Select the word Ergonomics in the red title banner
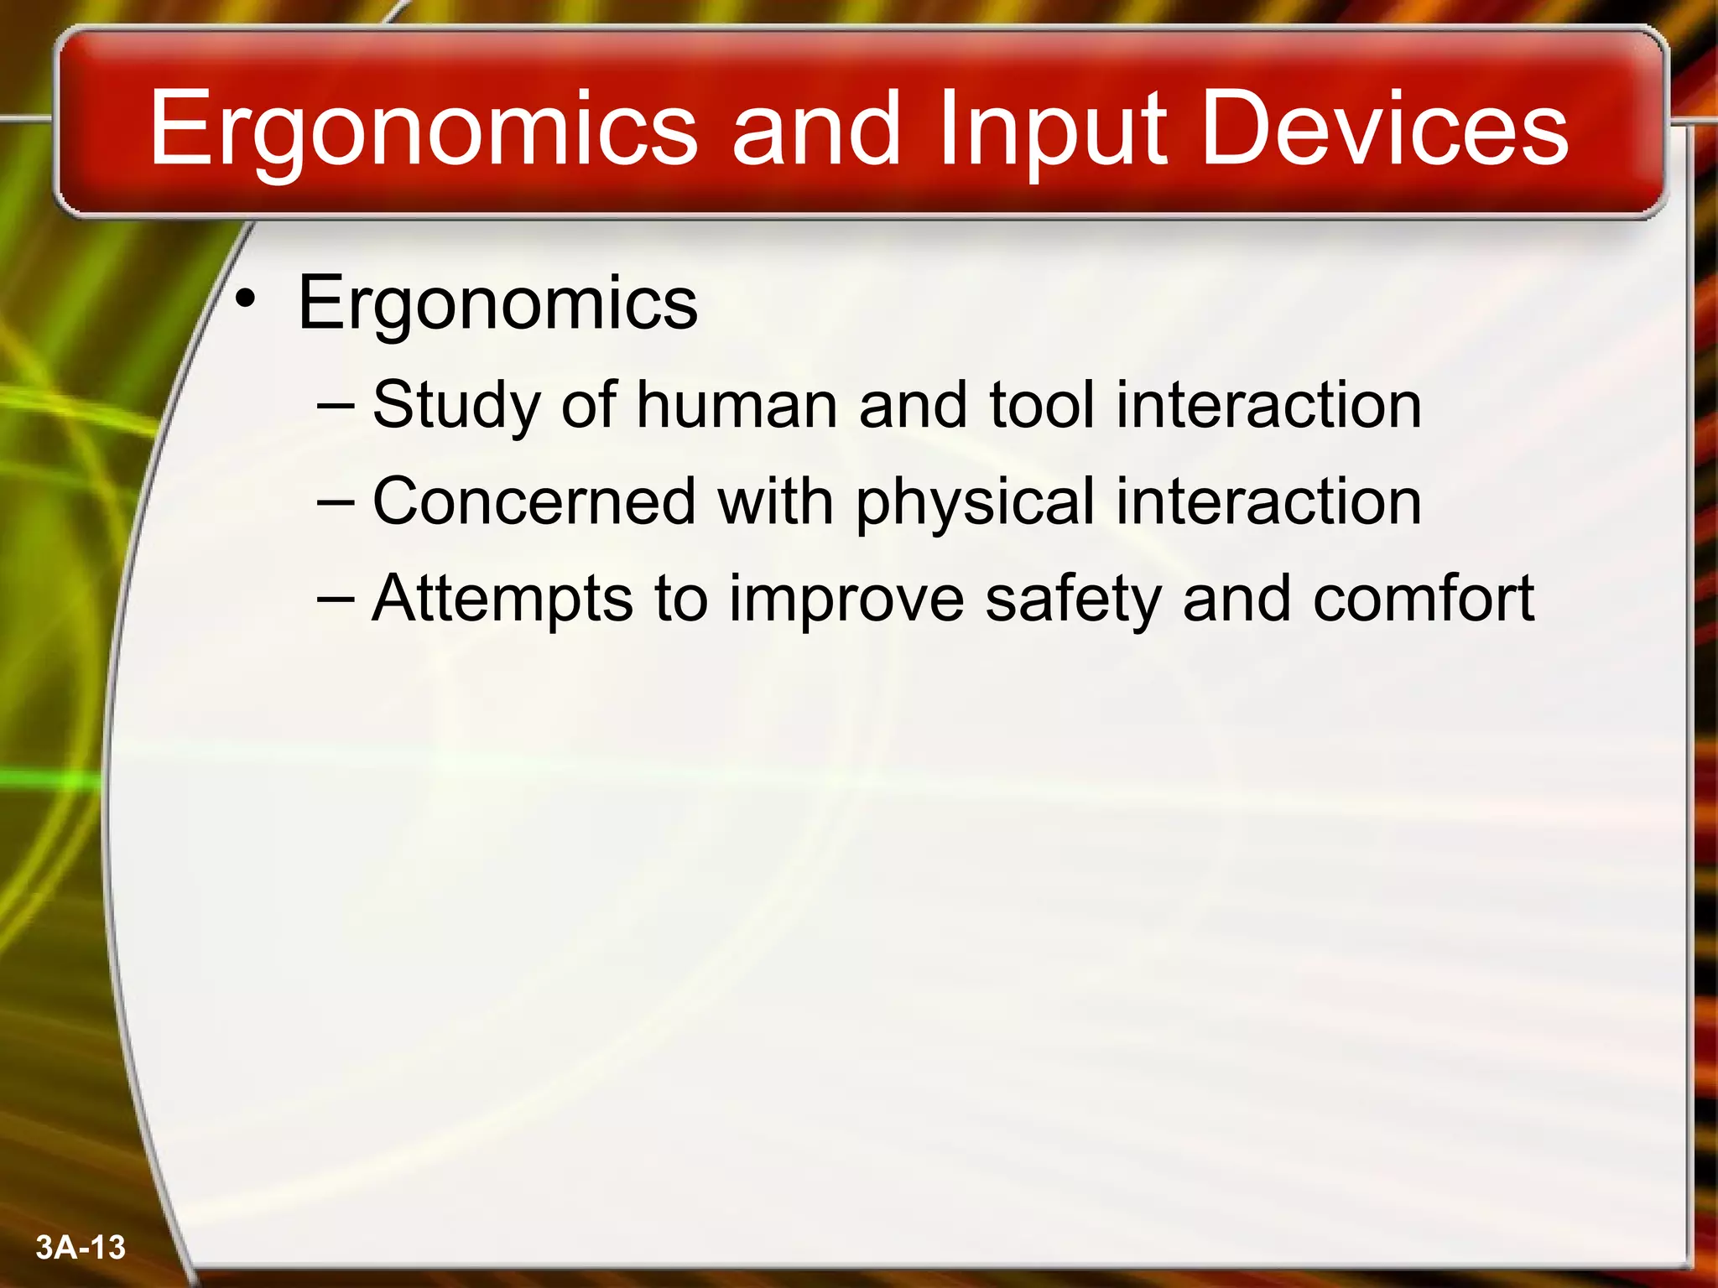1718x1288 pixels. (x=424, y=130)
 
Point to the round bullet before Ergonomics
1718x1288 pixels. (x=245, y=299)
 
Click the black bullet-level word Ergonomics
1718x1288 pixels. (x=497, y=304)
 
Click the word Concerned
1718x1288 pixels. (x=534, y=501)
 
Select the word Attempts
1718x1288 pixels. (x=502, y=600)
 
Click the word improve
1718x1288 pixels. (x=846, y=600)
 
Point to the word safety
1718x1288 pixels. (x=1073, y=600)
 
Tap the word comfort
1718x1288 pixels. (x=1424, y=598)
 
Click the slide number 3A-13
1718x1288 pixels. (x=81, y=1248)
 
